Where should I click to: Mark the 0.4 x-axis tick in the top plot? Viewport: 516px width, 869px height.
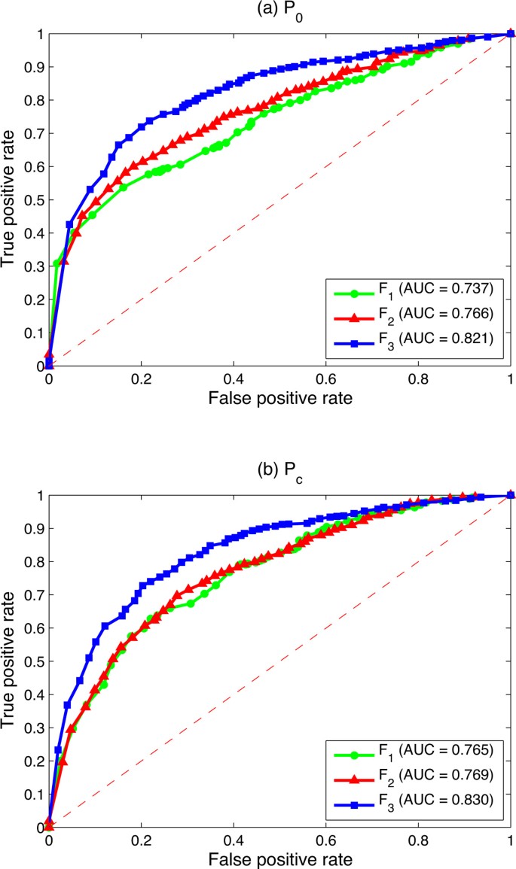point(234,378)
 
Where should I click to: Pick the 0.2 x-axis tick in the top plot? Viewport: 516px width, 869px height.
point(141,378)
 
